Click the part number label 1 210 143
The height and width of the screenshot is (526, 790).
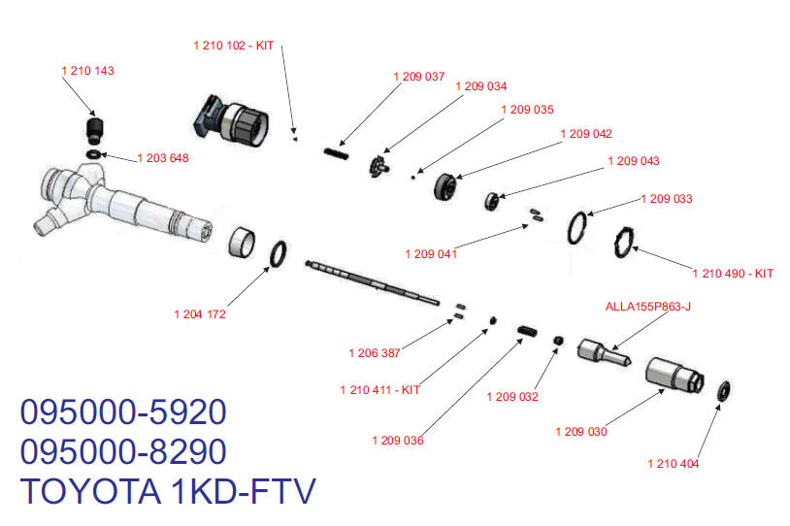click(87, 71)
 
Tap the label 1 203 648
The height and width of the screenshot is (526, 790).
click(162, 158)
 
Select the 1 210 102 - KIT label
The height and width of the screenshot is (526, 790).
click(234, 45)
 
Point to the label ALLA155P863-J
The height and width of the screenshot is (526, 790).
click(647, 307)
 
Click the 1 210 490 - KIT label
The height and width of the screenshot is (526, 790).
click(733, 274)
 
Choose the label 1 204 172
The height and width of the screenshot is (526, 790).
click(200, 313)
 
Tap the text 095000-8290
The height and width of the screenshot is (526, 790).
click(123, 452)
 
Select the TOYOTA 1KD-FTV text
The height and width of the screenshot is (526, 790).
click(168, 492)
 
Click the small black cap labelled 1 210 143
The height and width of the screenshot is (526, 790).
click(94, 129)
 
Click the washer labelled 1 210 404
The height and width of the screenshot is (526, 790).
click(723, 392)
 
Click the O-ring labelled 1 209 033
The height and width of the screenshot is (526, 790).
click(579, 226)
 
